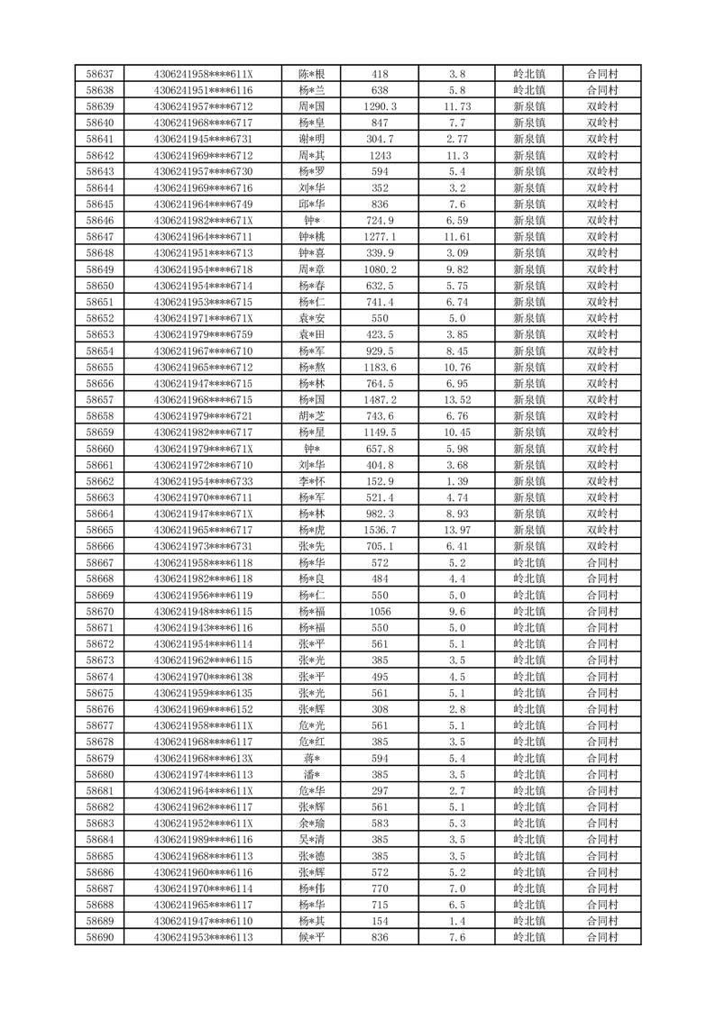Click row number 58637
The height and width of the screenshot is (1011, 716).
pyautogui.click(x=99, y=74)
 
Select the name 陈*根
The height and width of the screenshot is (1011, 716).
pyautogui.click(x=311, y=74)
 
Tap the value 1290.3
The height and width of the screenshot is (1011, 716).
pyautogui.click(x=380, y=106)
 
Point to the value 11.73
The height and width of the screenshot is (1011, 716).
pyautogui.click(x=457, y=106)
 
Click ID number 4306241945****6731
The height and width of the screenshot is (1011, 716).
pyautogui.click(x=203, y=139)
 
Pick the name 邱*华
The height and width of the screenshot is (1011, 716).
pyautogui.click(x=311, y=205)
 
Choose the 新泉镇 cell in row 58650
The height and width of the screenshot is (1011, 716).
pyautogui.click(x=529, y=286)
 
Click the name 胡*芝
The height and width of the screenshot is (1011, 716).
pyautogui.click(x=311, y=416)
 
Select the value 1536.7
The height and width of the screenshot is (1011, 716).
pyautogui.click(x=380, y=530)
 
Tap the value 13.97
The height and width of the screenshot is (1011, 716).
pyautogui.click(x=457, y=530)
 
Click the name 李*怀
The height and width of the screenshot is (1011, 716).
pyautogui.click(x=311, y=481)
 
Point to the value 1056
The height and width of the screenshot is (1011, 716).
pyautogui.click(x=380, y=611)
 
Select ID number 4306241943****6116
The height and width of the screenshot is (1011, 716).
pyautogui.click(x=203, y=627)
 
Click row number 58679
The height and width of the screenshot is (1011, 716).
pyautogui.click(x=99, y=758)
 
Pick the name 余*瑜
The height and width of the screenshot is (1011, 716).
pyautogui.click(x=311, y=824)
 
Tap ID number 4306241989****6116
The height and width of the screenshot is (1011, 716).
pyautogui.click(x=203, y=840)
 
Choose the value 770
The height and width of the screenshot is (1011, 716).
pyautogui.click(x=380, y=888)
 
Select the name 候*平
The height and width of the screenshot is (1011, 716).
pyautogui.click(x=311, y=937)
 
